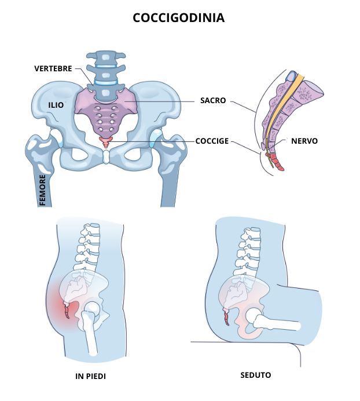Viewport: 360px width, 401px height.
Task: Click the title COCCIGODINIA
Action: [179, 18]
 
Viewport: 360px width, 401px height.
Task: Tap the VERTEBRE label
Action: [53, 68]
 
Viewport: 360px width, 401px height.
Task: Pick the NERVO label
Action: [304, 141]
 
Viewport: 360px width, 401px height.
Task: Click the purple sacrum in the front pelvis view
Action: [106, 110]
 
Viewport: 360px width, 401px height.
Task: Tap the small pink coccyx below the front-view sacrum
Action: [105, 143]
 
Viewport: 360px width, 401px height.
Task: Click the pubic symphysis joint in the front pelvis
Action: [106, 156]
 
